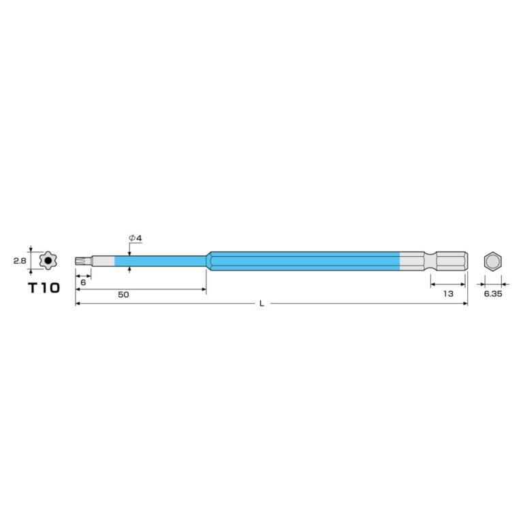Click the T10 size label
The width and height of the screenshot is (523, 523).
[44, 287]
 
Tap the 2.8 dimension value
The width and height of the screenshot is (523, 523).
[20, 261]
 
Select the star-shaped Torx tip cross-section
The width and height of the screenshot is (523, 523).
[48, 261]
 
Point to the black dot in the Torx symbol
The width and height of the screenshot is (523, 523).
[48, 261]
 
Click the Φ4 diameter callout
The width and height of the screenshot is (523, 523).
[136, 238]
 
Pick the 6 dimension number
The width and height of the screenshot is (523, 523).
[83, 283]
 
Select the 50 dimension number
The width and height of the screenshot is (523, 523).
[123, 295]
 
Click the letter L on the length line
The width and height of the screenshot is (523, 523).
[262, 304]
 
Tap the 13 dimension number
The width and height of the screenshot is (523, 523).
[448, 294]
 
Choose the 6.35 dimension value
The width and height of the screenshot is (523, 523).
[493, 294]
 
